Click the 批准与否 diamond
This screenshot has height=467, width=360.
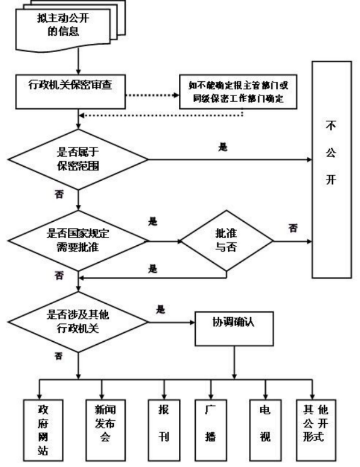(x=227, y=242)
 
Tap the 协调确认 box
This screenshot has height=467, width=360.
(x=234, y=330)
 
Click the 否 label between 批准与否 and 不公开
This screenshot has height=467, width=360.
(x=293, y=228)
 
